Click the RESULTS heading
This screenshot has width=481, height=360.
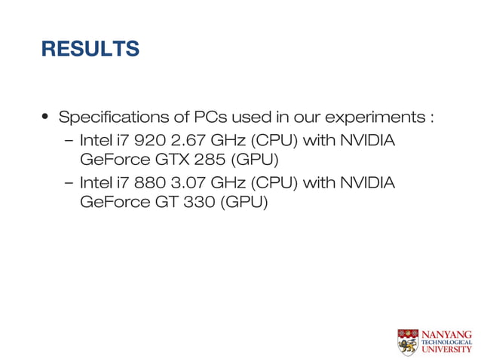click(90, 49)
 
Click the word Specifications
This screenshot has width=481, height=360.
click(105, 118)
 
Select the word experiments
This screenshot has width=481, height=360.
click(373, 119)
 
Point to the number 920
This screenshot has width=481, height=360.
click(146, 141)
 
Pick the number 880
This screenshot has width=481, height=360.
click(146, 182)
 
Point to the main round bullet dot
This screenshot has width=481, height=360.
click(46, 119)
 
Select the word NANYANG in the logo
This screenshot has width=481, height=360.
click(446, 334)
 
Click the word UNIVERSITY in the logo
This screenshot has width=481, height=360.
click(446, 350)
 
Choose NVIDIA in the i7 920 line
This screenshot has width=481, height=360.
click(369, 141)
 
